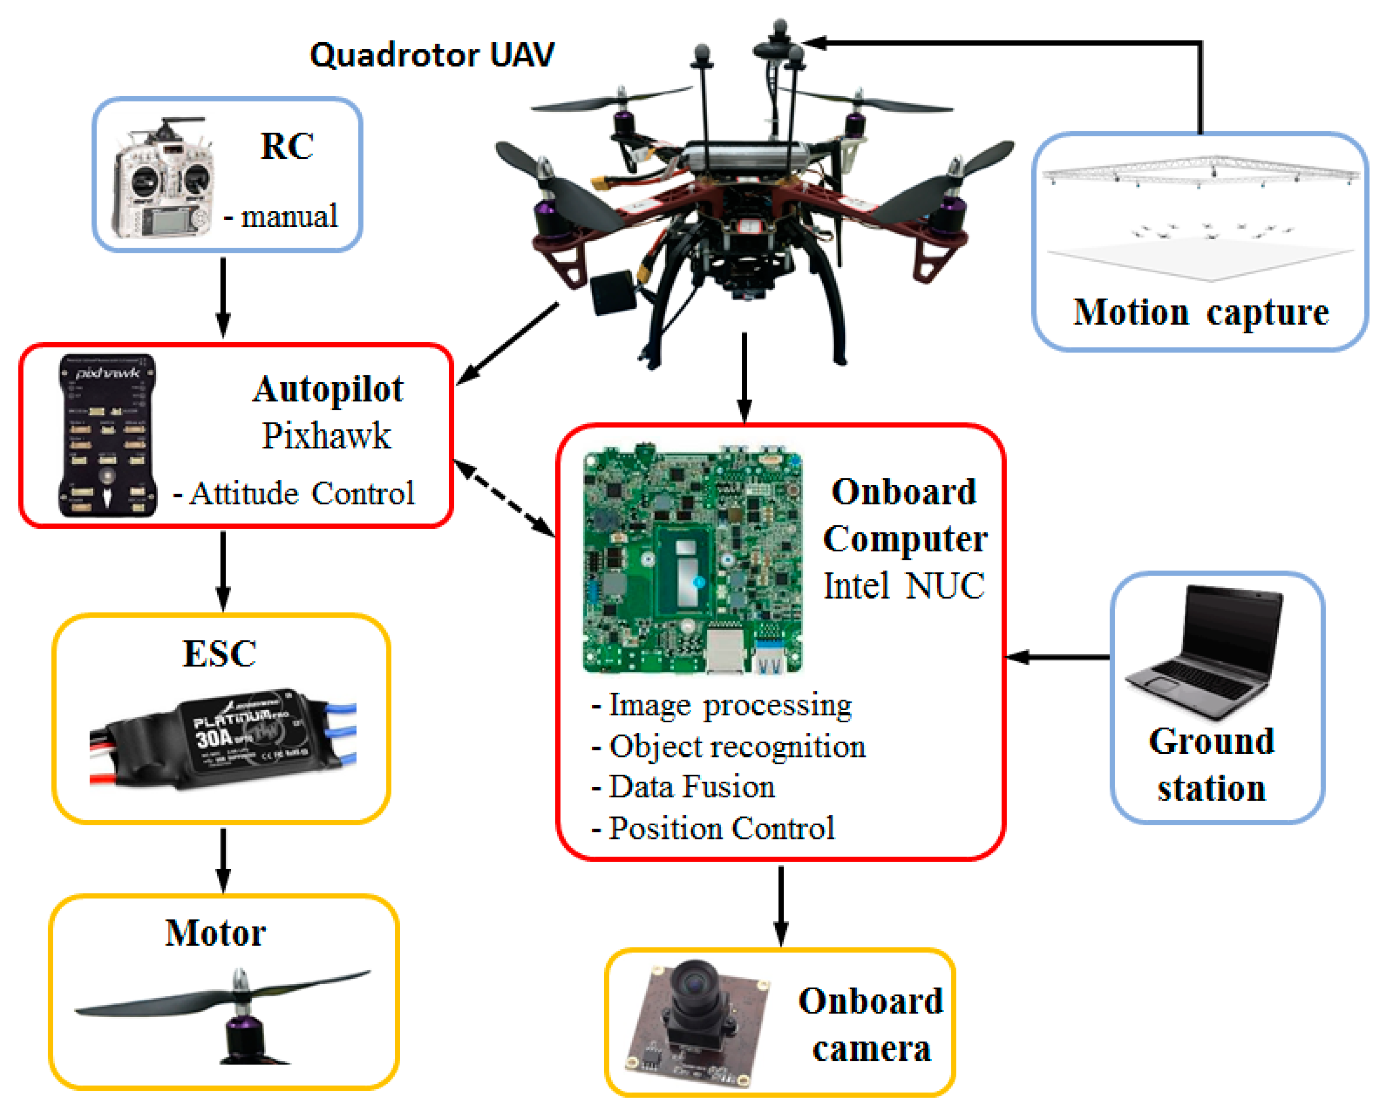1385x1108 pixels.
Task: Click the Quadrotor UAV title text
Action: tap(432, 55)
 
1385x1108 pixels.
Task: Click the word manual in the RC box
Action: tap(289, 217)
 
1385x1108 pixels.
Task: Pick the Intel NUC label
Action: tap(904, 586)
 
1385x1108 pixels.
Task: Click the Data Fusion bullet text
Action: tap(691, 787)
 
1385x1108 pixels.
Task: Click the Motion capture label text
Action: tap(1201, 313)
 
